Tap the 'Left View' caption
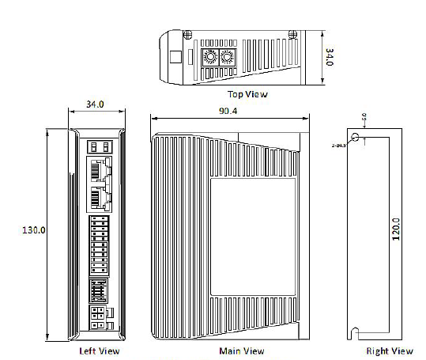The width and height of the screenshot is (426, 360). click(100, 351)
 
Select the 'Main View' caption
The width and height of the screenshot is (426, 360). click(242, 351)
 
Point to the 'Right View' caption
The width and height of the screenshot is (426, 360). click(389, 351)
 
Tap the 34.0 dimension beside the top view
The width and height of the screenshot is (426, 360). click(330, 57)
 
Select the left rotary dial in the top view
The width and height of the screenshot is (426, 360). click(211, 58)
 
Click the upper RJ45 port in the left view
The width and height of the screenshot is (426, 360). click(99, 169)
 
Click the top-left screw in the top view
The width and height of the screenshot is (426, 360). click(187, 36)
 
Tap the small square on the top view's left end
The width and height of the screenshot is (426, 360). click(174, 58)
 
